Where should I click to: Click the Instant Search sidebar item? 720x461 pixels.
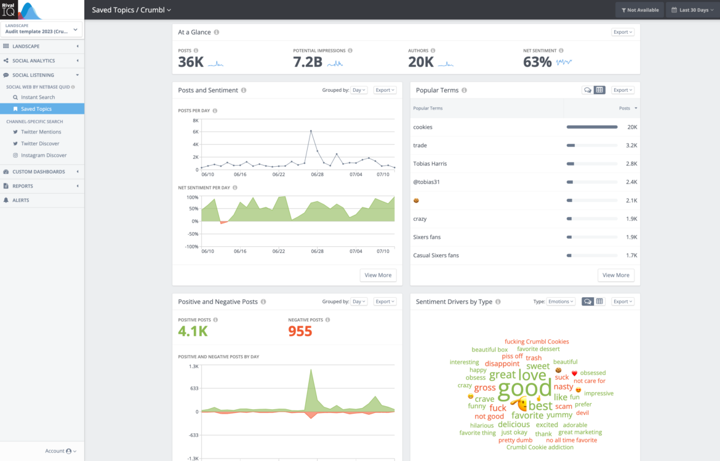click(38, 97)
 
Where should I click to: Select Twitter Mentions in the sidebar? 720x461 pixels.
click(41, 132)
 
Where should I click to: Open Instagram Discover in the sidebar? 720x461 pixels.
click(43, 155)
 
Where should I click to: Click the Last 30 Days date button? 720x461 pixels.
click(692, 10)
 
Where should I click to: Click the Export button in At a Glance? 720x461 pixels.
click(623, 32)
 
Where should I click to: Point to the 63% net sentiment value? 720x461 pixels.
click(537, 62)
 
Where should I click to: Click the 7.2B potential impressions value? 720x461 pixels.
click(307, 62)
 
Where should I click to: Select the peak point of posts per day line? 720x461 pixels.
click(311, 130)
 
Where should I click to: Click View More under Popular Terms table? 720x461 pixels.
click(615, 275)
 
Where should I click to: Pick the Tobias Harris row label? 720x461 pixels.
click(430, 164)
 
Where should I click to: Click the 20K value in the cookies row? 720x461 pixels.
click(632, 127)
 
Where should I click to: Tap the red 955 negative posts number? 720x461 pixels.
click(300, 331)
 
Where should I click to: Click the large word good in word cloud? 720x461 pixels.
click(524, 388)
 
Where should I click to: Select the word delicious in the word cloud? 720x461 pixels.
click(513, 424)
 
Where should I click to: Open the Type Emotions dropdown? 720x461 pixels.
click(561, 302)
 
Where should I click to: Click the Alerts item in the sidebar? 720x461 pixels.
click(21, 200)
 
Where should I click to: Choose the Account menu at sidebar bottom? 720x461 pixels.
click(60, 451)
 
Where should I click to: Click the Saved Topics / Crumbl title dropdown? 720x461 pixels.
click(131, 10)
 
